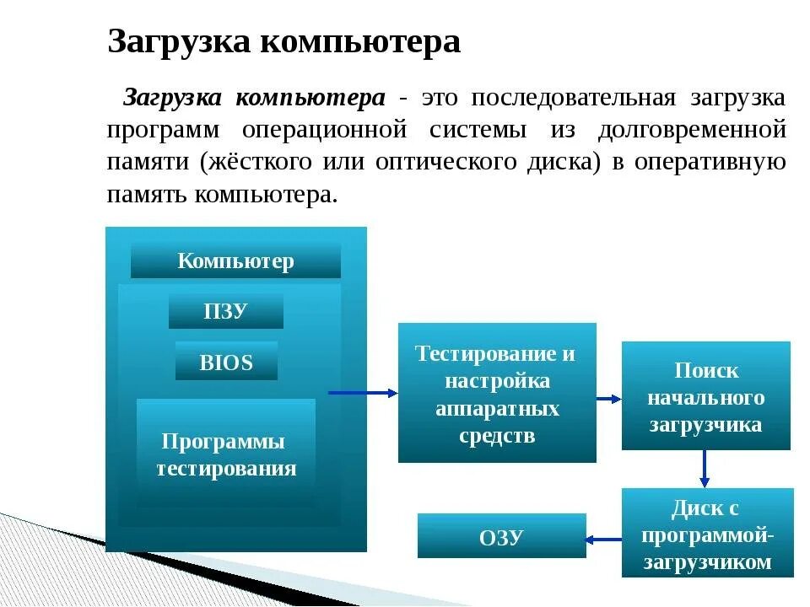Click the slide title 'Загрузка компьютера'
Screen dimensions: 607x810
(x=283, y=42)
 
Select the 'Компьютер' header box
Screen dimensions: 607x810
(x=235, y=261)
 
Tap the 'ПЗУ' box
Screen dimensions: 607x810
(x=225, y=311)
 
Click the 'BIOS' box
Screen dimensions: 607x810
(x=226, y=363)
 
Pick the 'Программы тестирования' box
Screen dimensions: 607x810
(x=225, y=455)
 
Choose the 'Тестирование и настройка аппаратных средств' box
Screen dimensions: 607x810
(x=497, y=393)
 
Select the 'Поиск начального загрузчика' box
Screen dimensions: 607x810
(x=705, y=396)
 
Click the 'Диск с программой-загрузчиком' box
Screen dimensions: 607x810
(x=707, y=534)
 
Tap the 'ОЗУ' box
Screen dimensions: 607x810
(x=501, y=536)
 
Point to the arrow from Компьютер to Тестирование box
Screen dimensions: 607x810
(x=362, y=393)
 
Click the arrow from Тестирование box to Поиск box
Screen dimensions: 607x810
(x=607, y=397)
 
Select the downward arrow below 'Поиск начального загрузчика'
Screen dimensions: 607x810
(x=705, y=469)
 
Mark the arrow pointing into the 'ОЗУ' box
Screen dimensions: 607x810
(x=604, y=539)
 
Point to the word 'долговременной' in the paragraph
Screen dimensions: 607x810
(x=692, y=131)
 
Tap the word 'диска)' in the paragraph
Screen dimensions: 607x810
(x=566, y=162)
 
